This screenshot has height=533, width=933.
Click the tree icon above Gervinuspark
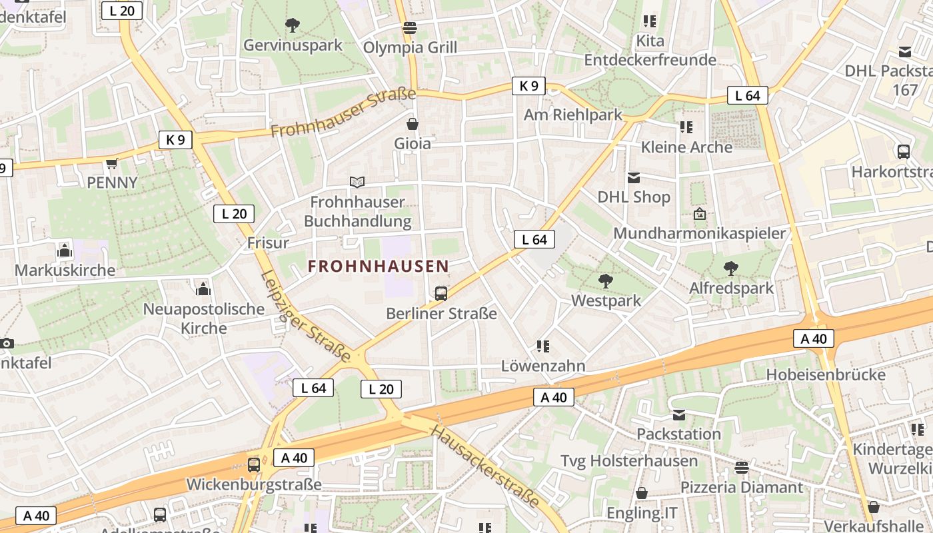click(292, 26)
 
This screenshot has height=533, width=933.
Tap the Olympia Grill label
click(410, 48)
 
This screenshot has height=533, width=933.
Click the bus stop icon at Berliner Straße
click(441, 293)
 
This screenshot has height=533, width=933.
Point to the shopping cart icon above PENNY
click(112, 164)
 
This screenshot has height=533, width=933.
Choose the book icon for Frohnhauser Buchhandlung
click(357, 182)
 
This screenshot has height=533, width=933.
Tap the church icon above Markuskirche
click(65, 251)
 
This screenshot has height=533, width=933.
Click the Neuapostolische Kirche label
click(205, 318)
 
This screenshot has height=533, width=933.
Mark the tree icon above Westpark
click(606, 281)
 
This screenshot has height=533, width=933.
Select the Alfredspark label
click(731, 288)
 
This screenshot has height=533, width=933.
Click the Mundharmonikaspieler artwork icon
click(699, 214)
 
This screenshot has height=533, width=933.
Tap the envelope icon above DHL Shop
click(633, 178)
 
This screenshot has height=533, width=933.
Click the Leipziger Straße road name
click(305, 316)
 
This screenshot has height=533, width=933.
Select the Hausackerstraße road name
click(484, 466)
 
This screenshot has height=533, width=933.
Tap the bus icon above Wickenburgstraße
click(253, 464)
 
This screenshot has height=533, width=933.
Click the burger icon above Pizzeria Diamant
click(742, 468)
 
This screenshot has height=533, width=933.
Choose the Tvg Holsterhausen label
click(629, 461)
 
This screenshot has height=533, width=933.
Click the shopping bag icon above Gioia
click(413, 124)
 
